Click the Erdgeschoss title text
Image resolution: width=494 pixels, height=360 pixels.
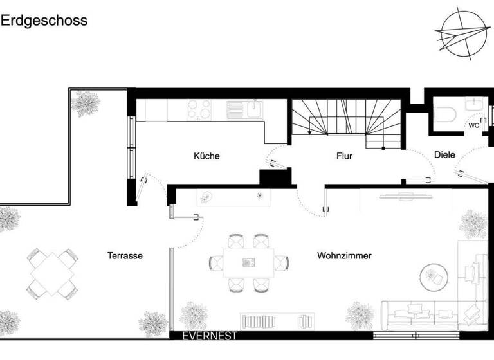[44, 21]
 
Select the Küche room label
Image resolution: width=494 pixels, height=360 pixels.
[206, 156]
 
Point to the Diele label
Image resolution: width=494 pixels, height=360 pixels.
[444, 155]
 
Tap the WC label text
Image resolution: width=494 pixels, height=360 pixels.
[473, 125]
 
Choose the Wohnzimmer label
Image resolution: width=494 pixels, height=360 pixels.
[344, 256]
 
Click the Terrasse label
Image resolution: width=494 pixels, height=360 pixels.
[125, 256]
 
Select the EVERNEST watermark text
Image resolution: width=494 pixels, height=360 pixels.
[210, 336]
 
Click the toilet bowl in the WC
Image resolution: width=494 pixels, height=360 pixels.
[445, 114]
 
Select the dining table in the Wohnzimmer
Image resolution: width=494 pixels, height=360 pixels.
[247, 262]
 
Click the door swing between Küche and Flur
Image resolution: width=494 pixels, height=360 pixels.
[276, 156]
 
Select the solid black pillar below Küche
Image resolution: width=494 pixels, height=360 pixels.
[272, 177]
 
